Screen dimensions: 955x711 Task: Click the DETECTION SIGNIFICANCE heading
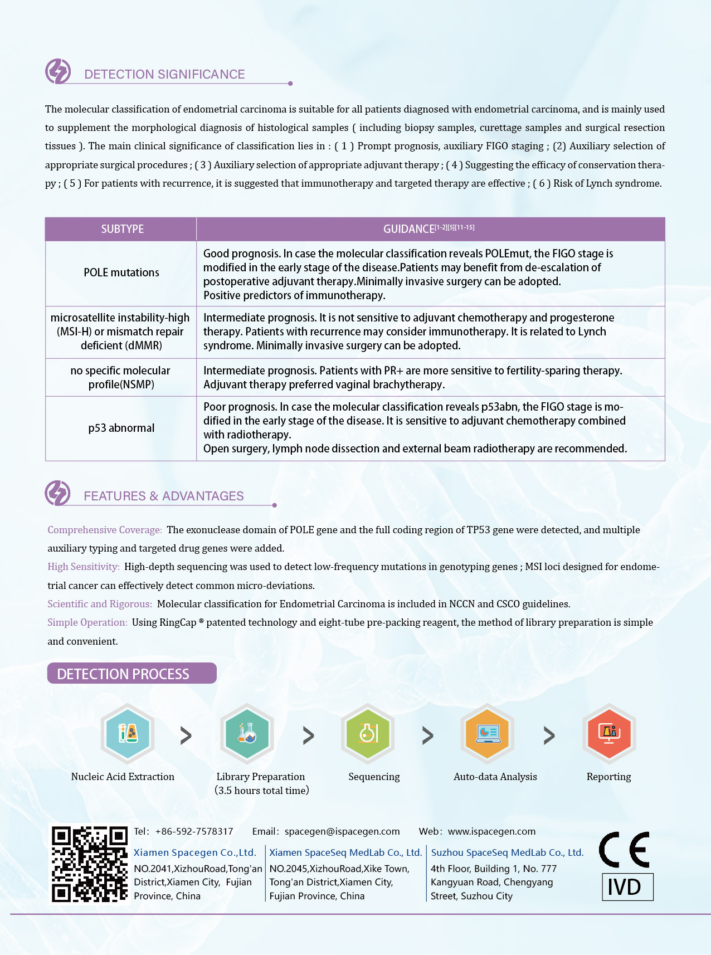[164, 74]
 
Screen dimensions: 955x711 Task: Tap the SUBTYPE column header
[122, 229]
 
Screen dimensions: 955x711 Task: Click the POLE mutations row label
[121, 272]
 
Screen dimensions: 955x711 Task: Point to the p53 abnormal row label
[121, 428]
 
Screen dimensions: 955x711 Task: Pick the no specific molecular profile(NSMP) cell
[121, 377]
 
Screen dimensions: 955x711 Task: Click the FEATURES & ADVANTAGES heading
[163, 496]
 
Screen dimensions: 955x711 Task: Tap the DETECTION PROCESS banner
[132, 674]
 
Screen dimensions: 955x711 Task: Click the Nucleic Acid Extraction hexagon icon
[128, 733]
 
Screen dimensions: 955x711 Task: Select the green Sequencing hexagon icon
[368, 733]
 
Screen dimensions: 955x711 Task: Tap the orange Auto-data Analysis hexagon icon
[488, 733]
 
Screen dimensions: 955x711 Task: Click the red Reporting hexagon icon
[609, 733]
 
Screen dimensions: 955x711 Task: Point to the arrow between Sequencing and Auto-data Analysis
[427, 735]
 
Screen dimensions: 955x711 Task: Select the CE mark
[625, 850]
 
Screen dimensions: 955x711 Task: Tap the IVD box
[627, 886]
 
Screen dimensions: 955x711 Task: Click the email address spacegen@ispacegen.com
[342, 831]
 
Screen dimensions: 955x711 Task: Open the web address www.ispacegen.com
[491, 831]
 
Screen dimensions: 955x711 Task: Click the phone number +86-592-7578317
[194, 831]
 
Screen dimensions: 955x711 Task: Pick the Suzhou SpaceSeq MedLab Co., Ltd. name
[507, 852]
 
